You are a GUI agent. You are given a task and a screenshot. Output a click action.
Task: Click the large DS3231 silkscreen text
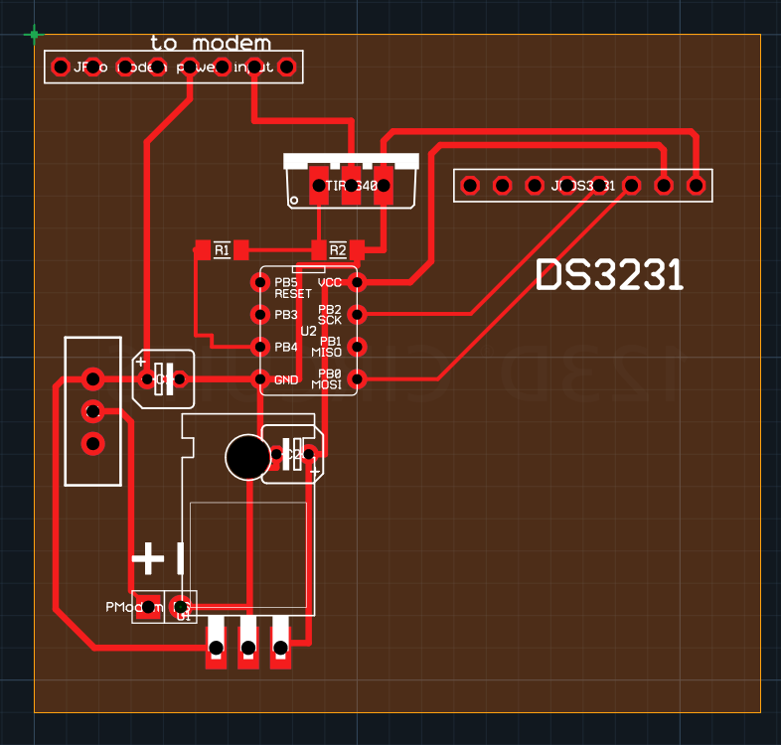click(610, 276)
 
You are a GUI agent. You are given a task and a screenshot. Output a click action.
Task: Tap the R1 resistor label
click(222, 249)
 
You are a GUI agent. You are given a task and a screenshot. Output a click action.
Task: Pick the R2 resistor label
click(338, 249)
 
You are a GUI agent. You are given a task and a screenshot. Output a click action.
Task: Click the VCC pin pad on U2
click(359, 283)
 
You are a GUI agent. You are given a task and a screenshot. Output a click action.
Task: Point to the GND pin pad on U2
click(260, 378)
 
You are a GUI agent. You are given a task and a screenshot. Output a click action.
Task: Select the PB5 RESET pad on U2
click(260, 283)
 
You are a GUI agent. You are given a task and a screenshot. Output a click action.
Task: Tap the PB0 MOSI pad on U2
click(359, 378)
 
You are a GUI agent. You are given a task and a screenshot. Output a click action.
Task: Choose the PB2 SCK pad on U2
click(359, 315)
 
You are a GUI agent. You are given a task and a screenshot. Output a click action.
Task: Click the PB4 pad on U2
click(260, 347)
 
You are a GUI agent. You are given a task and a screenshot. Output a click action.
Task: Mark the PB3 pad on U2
click(260, 315)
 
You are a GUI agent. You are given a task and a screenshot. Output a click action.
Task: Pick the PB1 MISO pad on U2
click(359, 347)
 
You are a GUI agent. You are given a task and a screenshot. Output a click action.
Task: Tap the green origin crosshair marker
click(35, 35)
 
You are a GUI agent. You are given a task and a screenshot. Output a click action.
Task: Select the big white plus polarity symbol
click(148, 558)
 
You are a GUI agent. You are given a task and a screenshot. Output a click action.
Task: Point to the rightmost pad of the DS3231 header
click(696, 185)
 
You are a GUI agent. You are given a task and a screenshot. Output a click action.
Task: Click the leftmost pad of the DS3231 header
click(470, 185)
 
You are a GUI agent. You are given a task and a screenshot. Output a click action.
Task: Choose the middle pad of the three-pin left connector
click(92, 410)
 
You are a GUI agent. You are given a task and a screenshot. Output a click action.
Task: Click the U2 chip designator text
click(308, 330)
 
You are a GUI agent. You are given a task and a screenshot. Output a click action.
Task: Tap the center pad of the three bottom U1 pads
click(248, 649)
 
